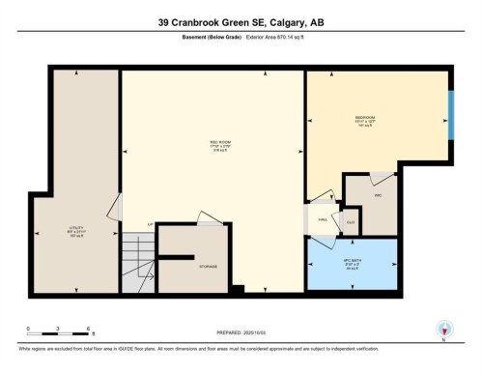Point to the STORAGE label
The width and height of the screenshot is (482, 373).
coord(208,266)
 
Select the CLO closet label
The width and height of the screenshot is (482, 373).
coord(350,221)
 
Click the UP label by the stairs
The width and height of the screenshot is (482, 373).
coord(150,225)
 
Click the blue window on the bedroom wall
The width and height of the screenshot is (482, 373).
coord(451,116)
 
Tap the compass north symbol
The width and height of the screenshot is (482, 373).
coord(444,329)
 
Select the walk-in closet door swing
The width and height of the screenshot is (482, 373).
coord(383,178)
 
